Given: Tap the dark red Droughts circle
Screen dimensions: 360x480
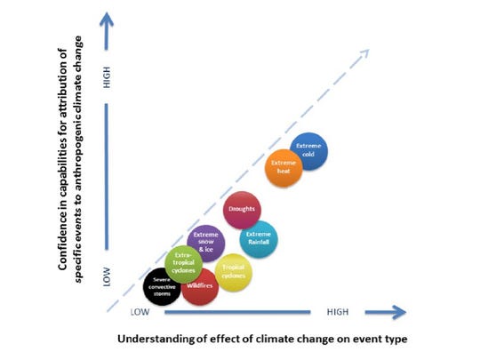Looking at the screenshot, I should click(x=242, y=210).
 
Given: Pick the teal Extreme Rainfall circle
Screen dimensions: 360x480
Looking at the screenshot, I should click(x=259, y=238).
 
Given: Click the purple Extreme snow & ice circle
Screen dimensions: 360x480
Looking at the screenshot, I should click(x=205, y=244).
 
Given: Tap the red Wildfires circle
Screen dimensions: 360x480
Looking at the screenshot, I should click(x=199, y=286).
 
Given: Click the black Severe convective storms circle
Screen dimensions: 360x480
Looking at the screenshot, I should click(x=162, y=286).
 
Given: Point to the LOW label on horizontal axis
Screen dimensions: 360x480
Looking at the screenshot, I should click(x=140, y=312).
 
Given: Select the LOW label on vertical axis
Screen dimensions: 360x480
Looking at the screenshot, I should click(x=107, y=278).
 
